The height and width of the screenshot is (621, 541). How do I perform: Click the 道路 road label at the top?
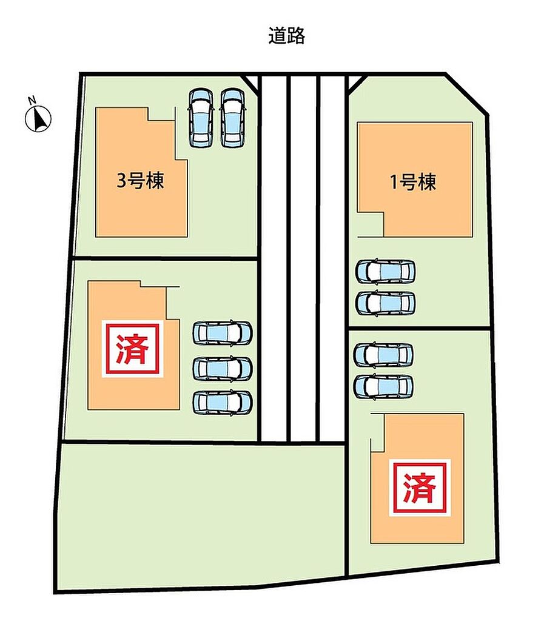286,36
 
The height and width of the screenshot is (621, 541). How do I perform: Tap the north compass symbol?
38,119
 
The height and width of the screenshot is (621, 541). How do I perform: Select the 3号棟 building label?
140,181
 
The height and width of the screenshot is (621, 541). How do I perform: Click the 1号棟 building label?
413,182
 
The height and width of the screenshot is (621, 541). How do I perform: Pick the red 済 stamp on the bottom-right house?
420,488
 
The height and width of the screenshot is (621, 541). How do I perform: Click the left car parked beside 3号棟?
201,118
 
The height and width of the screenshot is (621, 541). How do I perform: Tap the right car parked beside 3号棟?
232,118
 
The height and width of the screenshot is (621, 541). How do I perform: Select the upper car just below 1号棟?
385,271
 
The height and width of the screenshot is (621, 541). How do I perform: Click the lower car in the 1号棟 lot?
385,303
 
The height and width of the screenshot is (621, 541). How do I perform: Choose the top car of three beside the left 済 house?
222,333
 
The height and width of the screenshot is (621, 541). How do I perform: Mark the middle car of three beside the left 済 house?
222,369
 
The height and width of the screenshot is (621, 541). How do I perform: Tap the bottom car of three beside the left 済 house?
222,403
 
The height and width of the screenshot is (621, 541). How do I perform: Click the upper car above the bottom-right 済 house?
383,355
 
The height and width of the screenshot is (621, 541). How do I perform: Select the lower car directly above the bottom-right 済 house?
383,386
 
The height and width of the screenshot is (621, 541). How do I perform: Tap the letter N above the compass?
32,100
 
